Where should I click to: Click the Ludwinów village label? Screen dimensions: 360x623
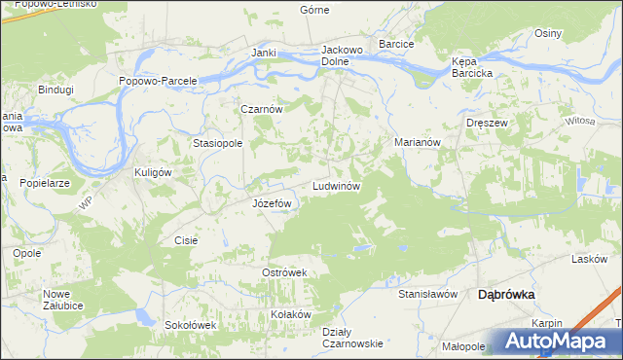338,185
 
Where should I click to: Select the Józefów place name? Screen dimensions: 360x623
273,203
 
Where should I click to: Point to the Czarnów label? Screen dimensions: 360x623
262,110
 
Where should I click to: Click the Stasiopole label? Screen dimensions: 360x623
217,142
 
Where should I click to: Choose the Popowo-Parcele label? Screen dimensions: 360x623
159,81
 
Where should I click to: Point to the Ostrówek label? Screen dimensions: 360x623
284,272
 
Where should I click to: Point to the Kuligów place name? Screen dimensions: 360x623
152,172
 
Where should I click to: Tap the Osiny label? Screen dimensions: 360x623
548,33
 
